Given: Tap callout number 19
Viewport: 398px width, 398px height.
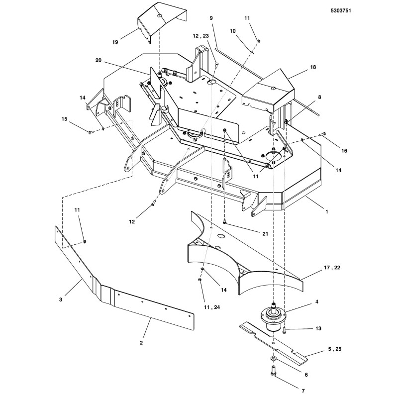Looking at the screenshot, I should [x=115, y=42].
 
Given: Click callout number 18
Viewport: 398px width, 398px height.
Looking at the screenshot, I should [x=313, y=66].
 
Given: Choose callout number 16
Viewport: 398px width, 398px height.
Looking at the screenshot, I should [x=344, y=150].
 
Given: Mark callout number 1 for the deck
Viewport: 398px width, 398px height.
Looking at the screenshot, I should [x=326, y=211].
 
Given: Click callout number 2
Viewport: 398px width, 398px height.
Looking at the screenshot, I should [x=141, y=342].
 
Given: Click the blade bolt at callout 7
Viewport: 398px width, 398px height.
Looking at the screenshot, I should [x=273, y=372].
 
